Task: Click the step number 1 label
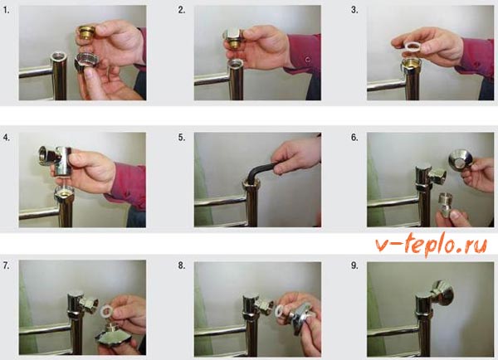pos(7,10)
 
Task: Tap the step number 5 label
pos(181,138)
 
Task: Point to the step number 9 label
pos(354,265)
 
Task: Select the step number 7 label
pos(7,265)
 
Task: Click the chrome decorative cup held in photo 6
pos(459,161)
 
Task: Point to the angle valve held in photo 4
pos(56,160)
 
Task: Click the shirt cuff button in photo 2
pos(307,60)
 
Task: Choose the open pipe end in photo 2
pos(236,62)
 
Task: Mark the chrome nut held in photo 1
pos(85,62)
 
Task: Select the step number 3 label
pos(354,10)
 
